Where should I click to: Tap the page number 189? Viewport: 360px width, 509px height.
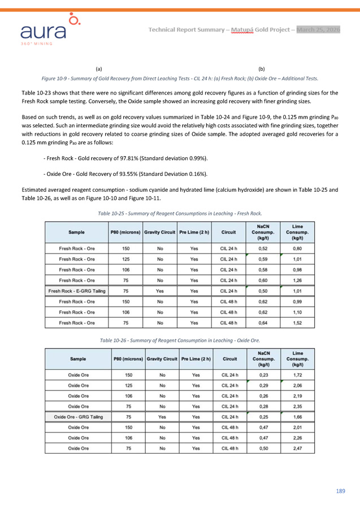[340, 491]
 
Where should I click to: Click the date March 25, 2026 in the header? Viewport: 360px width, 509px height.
[318, 29]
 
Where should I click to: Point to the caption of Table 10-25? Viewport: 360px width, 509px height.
[180, 213]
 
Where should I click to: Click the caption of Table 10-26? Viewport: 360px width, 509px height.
[180, 340]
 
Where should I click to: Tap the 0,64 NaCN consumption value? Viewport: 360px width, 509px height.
[262, 323]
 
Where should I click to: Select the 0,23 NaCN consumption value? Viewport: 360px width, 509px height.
[263, 374]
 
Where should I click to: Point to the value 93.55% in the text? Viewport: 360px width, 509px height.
[134, 173]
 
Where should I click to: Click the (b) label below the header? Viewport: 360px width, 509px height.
[261, 68]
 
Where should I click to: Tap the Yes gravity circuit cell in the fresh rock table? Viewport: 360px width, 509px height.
[160, 291]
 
